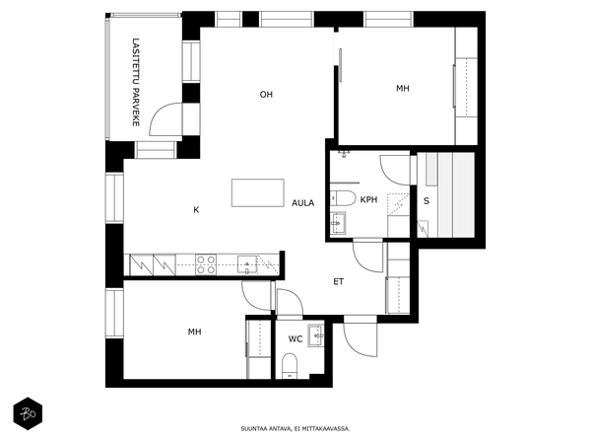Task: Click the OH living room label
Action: pos(266,95)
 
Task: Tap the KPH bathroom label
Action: pos(368,199)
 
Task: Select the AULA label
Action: pos(302,203)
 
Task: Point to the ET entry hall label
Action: pos(339,281)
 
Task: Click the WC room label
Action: pos(295,339)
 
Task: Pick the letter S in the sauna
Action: pos(427,201)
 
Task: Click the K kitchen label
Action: pos(196,210)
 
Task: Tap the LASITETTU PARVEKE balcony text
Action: pos(136,82)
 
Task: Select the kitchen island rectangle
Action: pos(258,193)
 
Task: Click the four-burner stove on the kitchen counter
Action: pos(206,264)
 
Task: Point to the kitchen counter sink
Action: pos(247,264)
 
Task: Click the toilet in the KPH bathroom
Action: pos(343,198)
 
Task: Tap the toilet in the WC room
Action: pos(290,366)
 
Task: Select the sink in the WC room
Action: pos(316,335)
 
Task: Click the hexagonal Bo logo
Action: pos(28,413)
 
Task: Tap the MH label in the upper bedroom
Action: pos(403,89)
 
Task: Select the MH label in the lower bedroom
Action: pos(194,332)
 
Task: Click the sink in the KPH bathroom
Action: pos(338,223)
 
